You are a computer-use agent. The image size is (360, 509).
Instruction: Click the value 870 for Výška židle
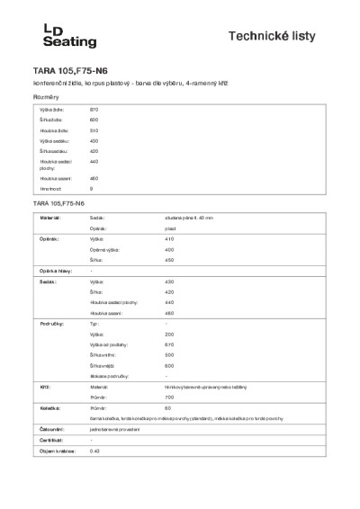94,108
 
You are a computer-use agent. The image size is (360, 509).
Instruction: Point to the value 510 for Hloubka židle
94,130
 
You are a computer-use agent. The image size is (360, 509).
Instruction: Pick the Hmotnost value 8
92,190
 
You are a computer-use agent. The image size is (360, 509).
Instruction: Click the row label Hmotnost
50,190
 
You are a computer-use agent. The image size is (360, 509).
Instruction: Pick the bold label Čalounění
50,429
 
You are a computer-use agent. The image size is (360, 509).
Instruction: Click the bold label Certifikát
50,440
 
